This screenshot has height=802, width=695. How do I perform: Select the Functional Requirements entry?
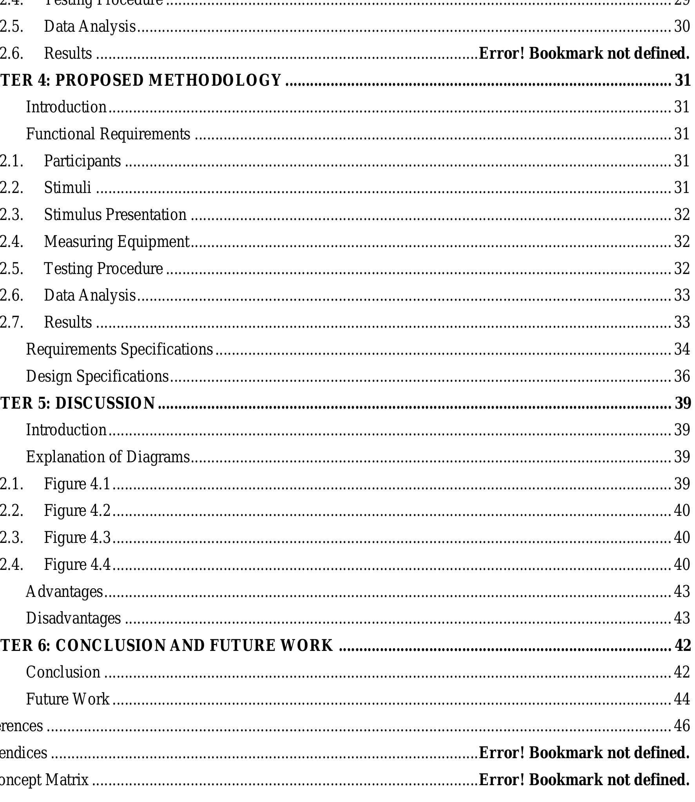pos(108,134)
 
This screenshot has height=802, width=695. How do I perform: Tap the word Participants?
pos(82,161)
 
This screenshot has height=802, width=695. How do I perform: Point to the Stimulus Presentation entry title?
pos(115,215)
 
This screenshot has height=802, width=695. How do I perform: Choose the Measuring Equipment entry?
pos(117,242)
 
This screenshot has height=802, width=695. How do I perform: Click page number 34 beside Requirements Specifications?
pos(682,349)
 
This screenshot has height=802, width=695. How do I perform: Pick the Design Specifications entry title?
pos(97,376)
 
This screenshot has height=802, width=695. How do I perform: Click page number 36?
pos(682,376)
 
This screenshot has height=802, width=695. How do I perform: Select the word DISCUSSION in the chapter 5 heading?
pos(105,403)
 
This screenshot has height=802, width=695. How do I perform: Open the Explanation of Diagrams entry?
pos(108,457)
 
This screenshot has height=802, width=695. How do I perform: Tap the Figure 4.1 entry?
pos(77,484)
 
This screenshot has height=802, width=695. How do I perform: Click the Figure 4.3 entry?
pos(77,537)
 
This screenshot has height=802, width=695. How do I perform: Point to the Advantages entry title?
pos(64,591)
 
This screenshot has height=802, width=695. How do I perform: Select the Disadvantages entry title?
pos(73,618)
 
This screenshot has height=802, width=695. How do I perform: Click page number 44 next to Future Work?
pos(682,699)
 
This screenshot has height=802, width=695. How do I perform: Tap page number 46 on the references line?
pos(682,726)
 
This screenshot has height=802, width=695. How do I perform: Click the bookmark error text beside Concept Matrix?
pos(584,780)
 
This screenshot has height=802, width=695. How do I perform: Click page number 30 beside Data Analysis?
pos(682,27)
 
